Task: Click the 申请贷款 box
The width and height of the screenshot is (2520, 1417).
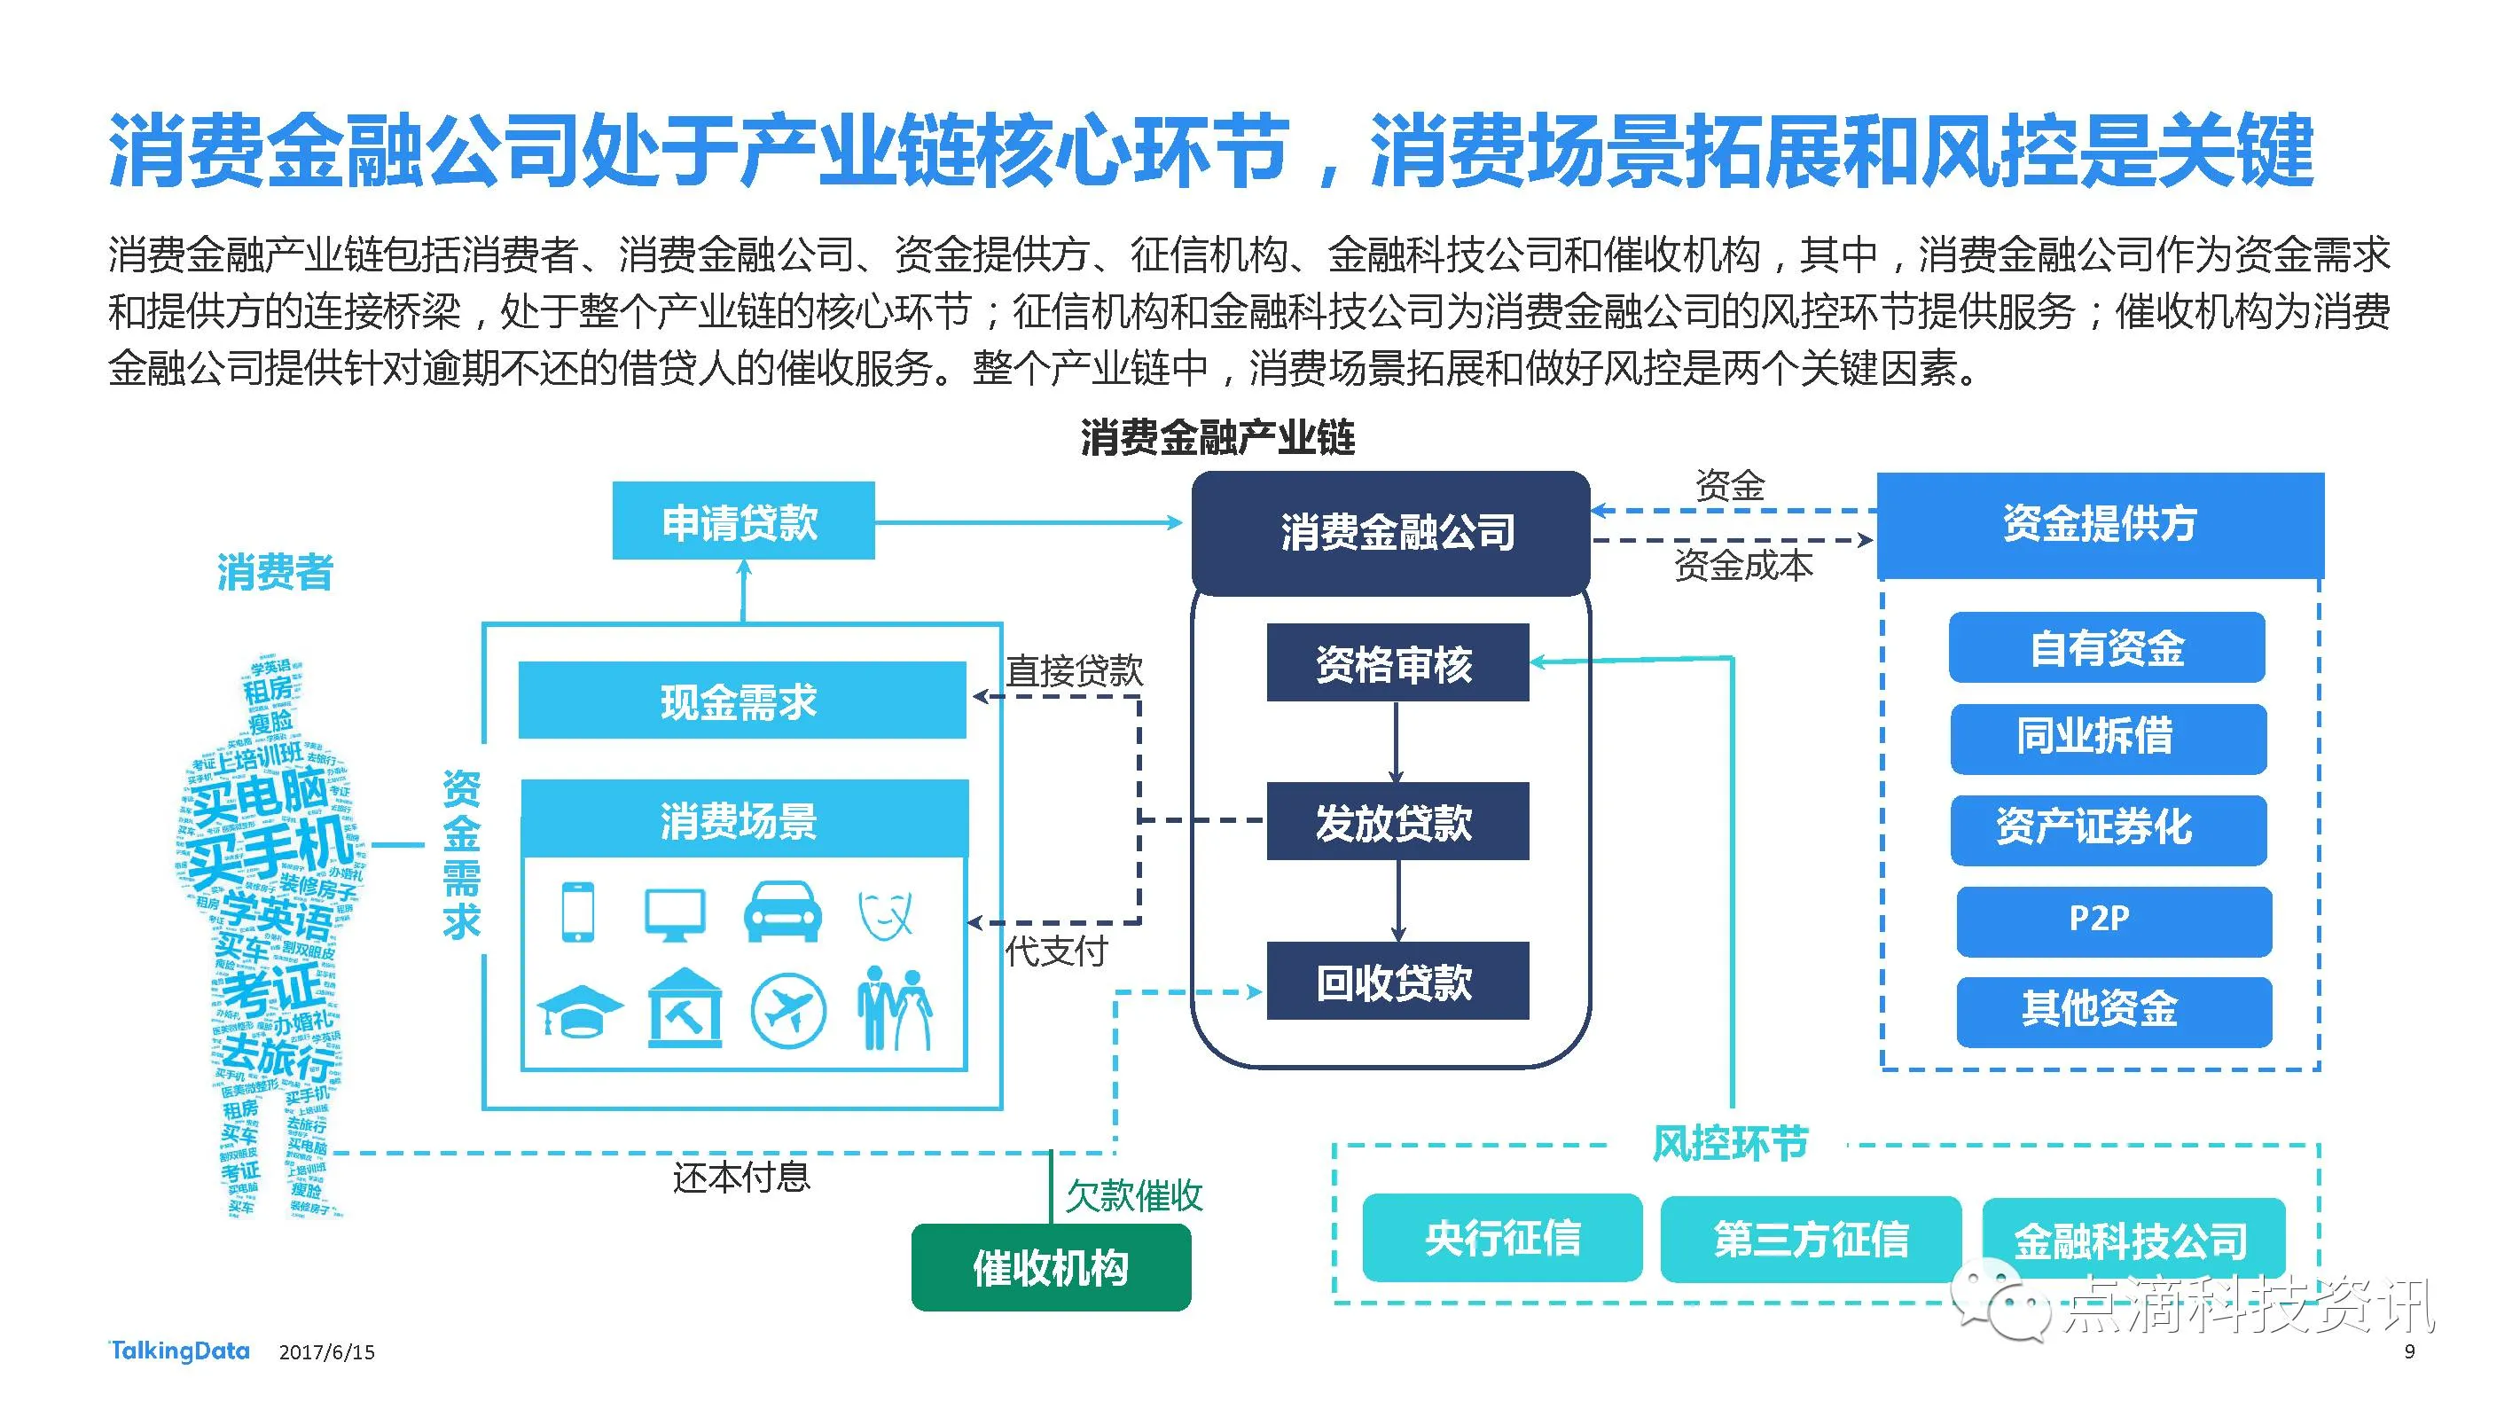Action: pyautogui.click(x=742, y=521)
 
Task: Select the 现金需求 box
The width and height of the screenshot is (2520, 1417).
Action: pyautogui.click(x=741, y=701)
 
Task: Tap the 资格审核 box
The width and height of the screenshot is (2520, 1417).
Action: pyautogui.click(x=1396, y=662)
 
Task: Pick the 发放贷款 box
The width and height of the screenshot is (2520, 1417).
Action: pyautogui.click(x=1396, y=821)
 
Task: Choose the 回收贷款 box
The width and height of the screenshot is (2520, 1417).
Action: pyautogui.click(x=1396, y=981)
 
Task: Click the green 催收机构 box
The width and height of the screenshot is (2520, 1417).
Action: pyautogui.click(x=1051, y=1267)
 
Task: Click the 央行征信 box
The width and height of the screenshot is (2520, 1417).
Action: pyautogui.click(x=1502, y=1238)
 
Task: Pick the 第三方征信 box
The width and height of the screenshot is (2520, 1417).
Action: pyautogui.click(x=1810, y=1239)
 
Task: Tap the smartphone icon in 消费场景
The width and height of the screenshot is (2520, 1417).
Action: pyautogui.click(x=577, y=912)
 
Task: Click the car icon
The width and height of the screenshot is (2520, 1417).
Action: pyautogui.click(x=783, y=912)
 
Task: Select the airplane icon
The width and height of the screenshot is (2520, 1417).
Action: pyautogui.click(x=787, y=1010)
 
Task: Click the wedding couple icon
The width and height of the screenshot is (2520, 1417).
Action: pyautogui.click(x=894, y=1008)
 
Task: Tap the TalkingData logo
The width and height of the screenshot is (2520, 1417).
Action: pyautogui.click(x=179, y=1351)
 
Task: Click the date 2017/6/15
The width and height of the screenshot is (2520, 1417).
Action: pyautogui.click(x=326, y=1352)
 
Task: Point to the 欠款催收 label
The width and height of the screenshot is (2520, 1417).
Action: pyautogui.click(x=1134, y=1194)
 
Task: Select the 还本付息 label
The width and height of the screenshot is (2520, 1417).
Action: pyautogui.click(x=741, y=1178)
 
